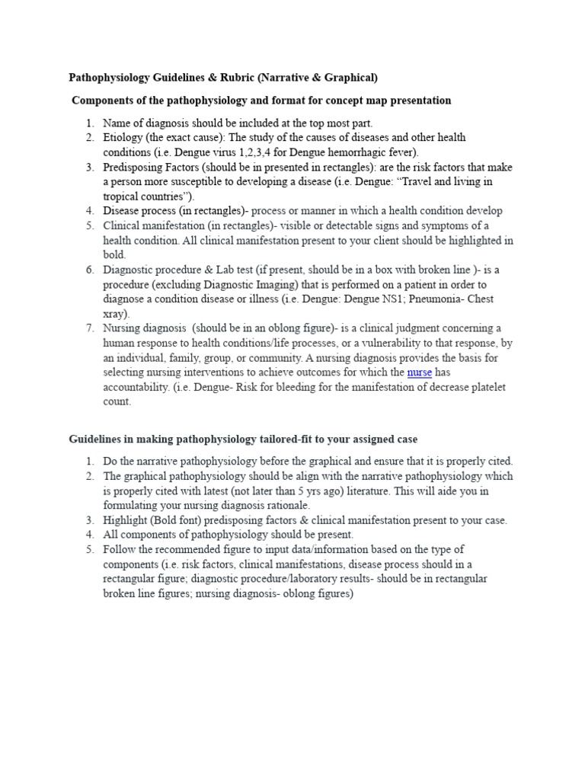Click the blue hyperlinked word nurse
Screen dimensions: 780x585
tap(420, 372)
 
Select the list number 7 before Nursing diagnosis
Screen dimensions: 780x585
tap(89, 328)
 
